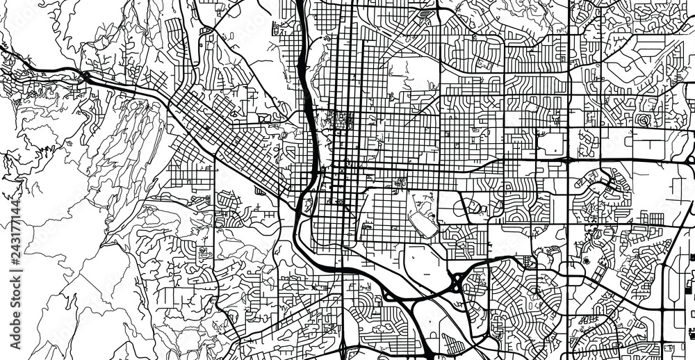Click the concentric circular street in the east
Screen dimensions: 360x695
click(x=643, y=120)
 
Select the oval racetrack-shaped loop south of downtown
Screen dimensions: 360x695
click(x=422, y=222)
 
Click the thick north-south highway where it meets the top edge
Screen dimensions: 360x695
click(x=300, y=3)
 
